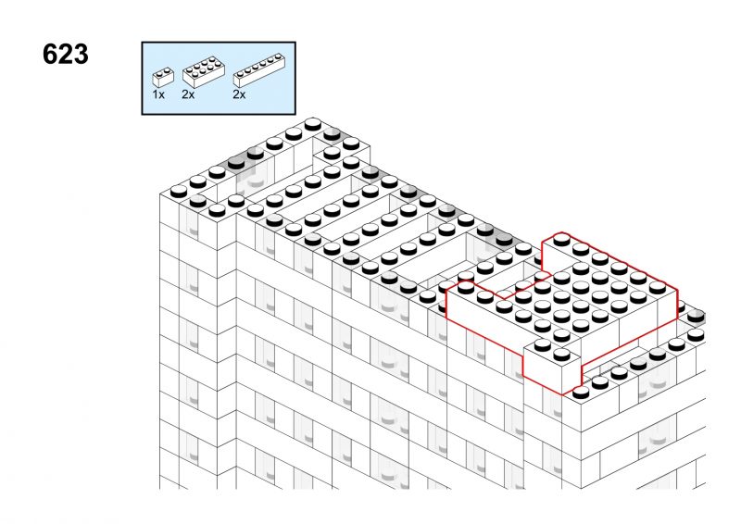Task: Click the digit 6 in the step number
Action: point(50,54)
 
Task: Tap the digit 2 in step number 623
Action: point(65,54)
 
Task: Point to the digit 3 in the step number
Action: point(81,54)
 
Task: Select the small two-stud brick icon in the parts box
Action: point(163,77)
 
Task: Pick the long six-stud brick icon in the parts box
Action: point(259,71)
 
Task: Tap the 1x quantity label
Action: point(158,94)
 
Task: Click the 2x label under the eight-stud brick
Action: point(188,94)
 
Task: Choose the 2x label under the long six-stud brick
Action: point(239,94)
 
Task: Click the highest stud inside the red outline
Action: point(561,240)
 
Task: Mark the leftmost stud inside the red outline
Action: point(466,287)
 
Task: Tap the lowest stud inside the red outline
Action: point(561,354)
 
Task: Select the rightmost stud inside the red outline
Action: point(658,287)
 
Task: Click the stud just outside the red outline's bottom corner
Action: point(581,393)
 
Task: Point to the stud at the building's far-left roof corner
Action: point(179,192)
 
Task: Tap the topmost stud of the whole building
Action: point(313,125)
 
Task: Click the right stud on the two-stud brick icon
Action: point(167,70)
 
